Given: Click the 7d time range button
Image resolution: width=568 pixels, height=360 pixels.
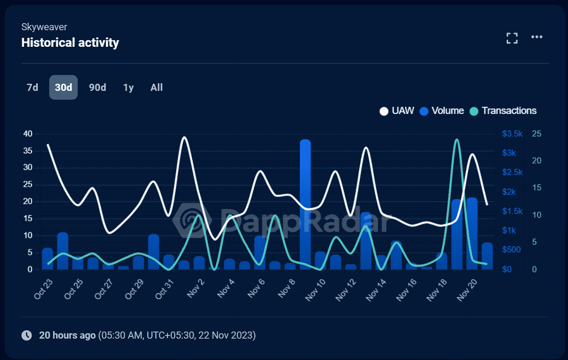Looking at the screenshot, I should pyautogui.click(x=32, y=88).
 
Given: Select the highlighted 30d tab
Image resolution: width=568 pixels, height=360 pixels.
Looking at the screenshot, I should pyautogui.click(x=63, y=88).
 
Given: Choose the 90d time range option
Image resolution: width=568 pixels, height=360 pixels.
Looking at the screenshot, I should pyautogui.click(x=98, y=88).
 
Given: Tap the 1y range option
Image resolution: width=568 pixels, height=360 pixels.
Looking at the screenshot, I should pyautogui.click(x=128, y=88).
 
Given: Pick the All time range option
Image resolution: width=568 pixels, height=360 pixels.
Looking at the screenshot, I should pyautogui.click(x=157, y=88).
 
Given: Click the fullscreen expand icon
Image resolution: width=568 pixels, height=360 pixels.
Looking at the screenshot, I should pyautogui.click(x=512, y=38).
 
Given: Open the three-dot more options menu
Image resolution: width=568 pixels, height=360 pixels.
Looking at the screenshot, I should pyautogui.click(x=536, y=37).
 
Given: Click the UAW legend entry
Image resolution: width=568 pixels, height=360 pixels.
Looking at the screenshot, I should pyautogui.click(x=397, y=111).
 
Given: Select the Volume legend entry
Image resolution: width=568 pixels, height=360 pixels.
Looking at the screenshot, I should pyautogui.click(x=442, y=111).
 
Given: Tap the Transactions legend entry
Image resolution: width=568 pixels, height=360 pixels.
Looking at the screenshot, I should pyautogui.click(x=504, y=111).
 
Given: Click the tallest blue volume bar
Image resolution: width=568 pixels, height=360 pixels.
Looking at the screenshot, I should pyautogui.click(x=305, y=203).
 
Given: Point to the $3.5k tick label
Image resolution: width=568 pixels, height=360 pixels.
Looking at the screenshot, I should pyautogui.click(x=512, y=134).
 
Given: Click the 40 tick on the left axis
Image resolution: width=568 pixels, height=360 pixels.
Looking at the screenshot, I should pyautogui.click(x=27, y=134).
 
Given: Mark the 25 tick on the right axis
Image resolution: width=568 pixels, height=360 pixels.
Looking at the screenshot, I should pyautogui.click(x=537, y=134).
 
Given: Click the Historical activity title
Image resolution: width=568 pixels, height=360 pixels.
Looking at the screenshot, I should pyautogui.click(x=70, y=43).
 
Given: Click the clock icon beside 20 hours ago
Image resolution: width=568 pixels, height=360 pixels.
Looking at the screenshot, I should pyautogui.click(x=27, y=335).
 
